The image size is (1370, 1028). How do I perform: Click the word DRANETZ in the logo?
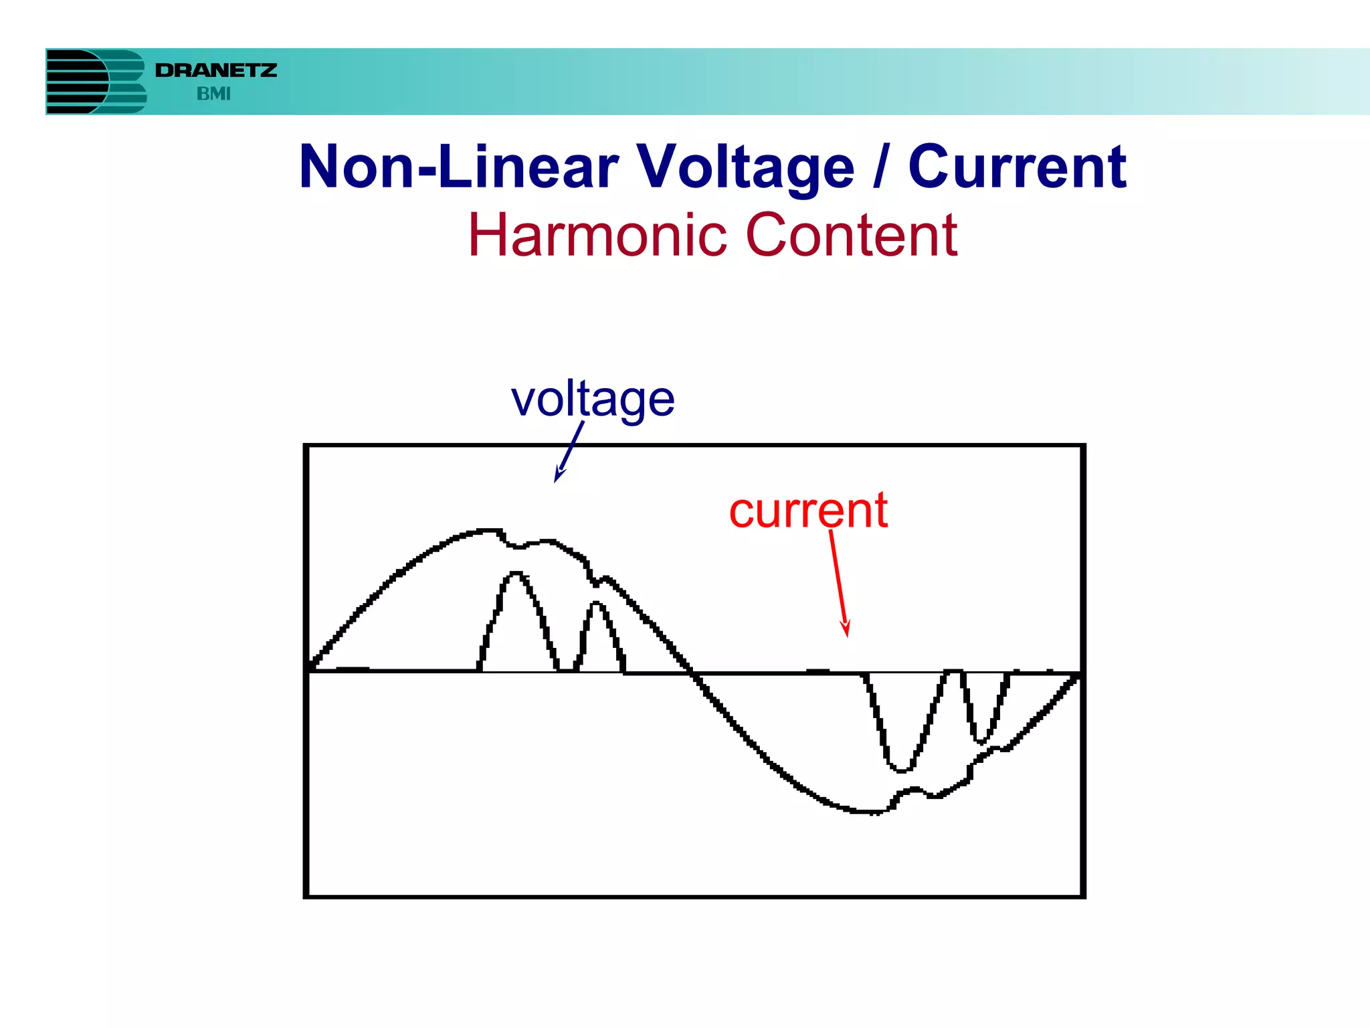[x=215, y=70]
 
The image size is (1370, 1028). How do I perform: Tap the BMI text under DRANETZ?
[x=213, y=94]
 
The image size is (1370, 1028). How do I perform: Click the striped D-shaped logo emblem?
[x=96, y=82]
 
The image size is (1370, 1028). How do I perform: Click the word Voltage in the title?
[x=745, y=167]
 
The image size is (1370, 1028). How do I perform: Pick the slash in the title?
[x=881, y=167]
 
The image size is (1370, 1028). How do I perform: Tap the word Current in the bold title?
[x=1017, y=167]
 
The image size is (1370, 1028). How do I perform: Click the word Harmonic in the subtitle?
[x=597, y=235]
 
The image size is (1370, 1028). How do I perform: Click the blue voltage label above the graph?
[x=593, y=400]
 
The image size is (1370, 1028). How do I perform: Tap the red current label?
[x=808, y=511]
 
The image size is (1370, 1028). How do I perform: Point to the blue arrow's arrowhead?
[x=557, y=478]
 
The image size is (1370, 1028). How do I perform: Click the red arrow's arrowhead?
[x=847, y=632]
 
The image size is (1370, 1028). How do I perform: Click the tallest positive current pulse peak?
[x=516, y=574]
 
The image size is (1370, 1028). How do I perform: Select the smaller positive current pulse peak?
[x=597, y=604]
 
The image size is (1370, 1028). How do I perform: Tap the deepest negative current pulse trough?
[x=901, y=770]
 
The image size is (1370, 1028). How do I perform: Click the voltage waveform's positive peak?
[x=492, y=531]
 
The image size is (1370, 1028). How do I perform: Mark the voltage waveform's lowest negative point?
[x=870, y=812]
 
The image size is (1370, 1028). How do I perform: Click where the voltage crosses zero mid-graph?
[x=692, y=672]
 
